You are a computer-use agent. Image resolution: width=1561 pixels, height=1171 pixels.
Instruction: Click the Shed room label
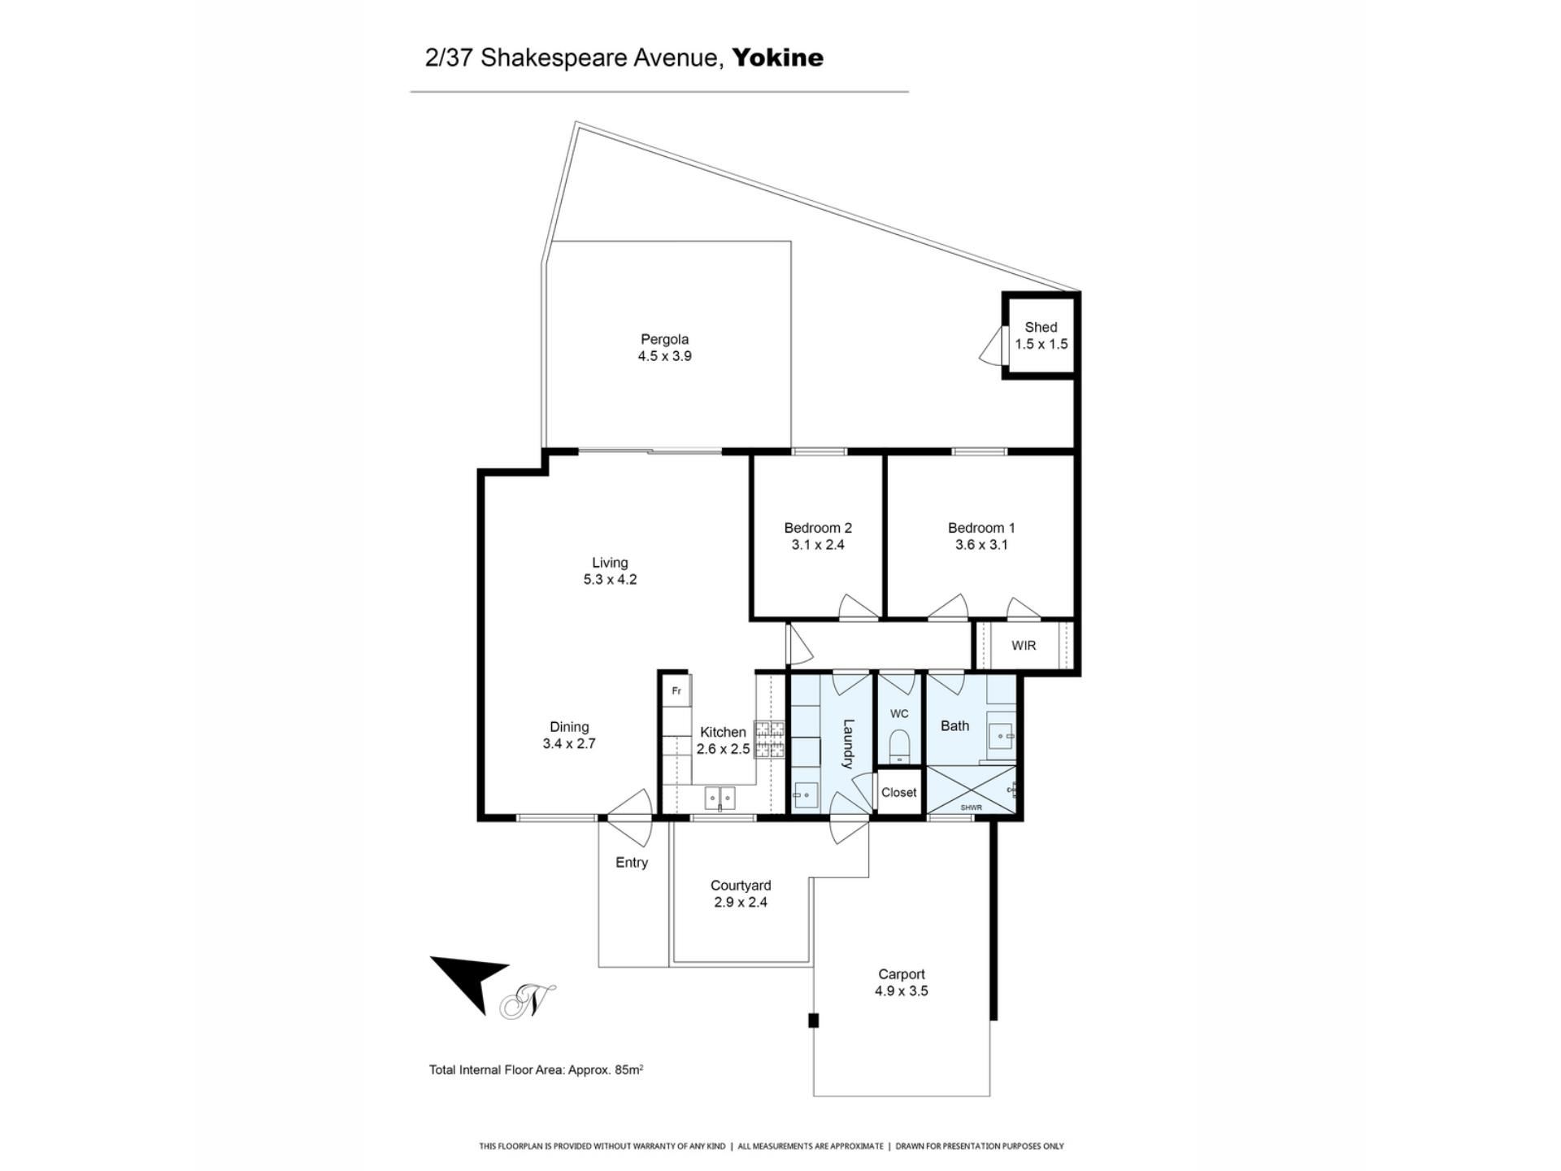coord(1041,327)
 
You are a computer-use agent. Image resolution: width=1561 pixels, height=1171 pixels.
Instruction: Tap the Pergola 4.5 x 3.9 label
coord(664,347)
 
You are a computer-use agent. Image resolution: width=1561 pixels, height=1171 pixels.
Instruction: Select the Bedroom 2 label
coord(818,528)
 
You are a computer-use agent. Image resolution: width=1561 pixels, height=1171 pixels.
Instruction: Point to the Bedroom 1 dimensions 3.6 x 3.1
coord(981,545)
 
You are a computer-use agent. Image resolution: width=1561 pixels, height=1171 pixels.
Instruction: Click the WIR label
coord(1024,646)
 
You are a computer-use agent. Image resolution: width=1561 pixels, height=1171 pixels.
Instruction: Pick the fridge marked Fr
coord(676,691)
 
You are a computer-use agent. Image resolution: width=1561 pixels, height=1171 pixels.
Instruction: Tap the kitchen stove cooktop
coord(769,740)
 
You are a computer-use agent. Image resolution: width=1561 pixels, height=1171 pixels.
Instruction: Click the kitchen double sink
coord(720,799)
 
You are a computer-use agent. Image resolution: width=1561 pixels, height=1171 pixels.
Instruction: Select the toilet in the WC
coord(899,746)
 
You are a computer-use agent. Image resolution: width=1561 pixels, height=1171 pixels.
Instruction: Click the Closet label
coord(898,792)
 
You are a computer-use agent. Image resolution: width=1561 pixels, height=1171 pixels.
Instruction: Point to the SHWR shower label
coord(971,808)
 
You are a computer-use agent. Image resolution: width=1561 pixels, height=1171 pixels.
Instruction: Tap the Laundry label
coord(848,743)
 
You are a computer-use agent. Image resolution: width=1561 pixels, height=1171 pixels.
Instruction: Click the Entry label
coord(632,863)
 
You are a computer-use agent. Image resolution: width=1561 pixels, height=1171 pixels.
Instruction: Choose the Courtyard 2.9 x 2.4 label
coord(741,894)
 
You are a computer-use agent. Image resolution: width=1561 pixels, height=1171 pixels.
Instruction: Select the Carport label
coord(902,974)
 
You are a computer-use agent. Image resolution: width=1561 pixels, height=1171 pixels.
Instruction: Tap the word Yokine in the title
coord(778,58)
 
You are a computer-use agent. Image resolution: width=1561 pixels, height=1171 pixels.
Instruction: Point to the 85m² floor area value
coord(629,1069)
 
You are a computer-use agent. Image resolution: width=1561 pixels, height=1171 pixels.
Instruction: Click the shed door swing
coord(992,346)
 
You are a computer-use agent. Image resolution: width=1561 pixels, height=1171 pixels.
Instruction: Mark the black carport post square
coord(813,1020)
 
